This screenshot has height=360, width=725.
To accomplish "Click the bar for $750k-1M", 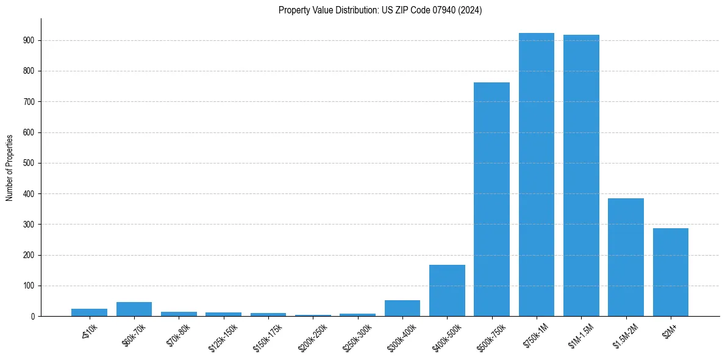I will coord(537,175).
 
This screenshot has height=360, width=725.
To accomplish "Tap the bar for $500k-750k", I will coord(491,200).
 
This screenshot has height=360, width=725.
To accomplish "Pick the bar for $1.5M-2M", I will coord(626,257).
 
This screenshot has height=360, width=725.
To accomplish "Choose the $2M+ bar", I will coord(671,272).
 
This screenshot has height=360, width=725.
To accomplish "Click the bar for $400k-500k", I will coord(447,290).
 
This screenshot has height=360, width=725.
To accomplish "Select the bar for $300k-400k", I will coord(402,308).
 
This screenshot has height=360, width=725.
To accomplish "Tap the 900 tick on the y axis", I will coord(29,40).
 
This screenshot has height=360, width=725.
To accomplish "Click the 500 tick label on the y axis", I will coord(29,163).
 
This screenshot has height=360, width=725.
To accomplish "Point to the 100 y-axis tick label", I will coord(29,286).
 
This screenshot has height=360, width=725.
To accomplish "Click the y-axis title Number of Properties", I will coord(9,168).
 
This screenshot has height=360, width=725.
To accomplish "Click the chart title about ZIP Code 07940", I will coord(380,10).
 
